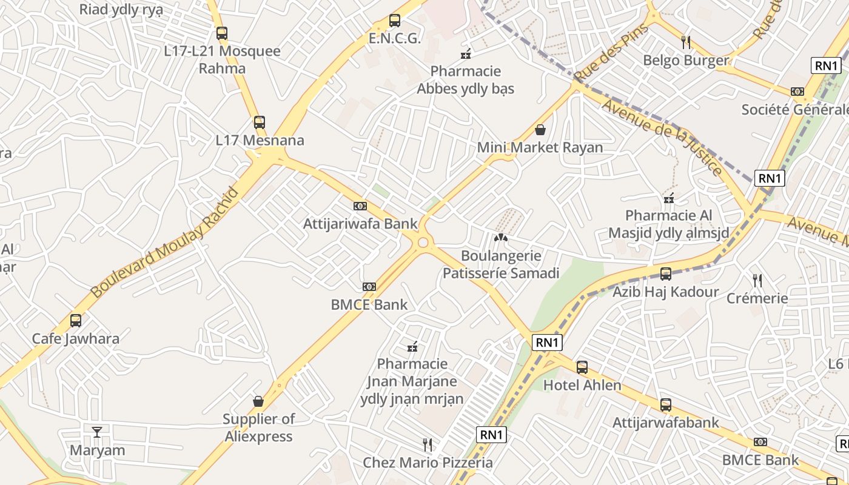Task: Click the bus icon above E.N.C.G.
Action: tap(395, 21)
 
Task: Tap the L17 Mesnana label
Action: tap(260, 141)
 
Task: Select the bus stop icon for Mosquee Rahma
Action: tap(222, 33)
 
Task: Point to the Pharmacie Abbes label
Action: tap(465, 80)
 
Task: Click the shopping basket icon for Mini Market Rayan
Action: tap(540, 130)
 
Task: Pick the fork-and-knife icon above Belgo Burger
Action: tap(686, 42)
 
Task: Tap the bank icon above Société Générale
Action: tap(797, 92)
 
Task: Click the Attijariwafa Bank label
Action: tap(360, 224)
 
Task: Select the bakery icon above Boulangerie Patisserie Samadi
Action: tap(500, 238)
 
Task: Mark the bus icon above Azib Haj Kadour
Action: tap(665, 273)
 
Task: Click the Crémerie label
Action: tap(757, 298)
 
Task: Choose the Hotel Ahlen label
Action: tap(582, 386)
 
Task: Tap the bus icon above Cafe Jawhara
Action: tap(76, 320)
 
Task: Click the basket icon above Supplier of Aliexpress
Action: tap(258, 401)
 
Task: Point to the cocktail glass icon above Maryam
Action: tap(97, 432)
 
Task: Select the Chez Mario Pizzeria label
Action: tap(428, 463)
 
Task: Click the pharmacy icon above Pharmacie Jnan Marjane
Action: tap(412, 347)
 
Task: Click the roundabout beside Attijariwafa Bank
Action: tap(423, 243)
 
